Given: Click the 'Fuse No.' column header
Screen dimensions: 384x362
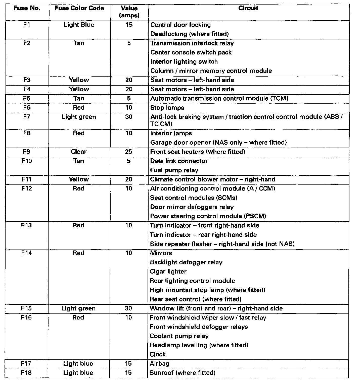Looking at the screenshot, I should (x=27, y=8).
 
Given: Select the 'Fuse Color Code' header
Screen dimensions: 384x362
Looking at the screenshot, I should (x=79, y=8).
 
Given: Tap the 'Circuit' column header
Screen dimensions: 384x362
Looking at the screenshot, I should (x=248, y=8).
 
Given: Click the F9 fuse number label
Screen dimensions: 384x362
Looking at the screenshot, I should (x=27, y=152).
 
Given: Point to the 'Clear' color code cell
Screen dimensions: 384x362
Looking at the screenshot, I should (x=79, y=152).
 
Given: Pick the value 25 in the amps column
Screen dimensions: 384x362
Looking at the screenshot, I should (x=129, y=152).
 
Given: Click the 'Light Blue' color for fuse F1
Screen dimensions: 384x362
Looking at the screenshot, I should (x=79, y=25).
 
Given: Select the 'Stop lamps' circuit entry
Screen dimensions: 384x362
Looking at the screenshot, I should (x=167, y=108).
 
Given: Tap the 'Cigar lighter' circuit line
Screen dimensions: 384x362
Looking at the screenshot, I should (x=168, y=272).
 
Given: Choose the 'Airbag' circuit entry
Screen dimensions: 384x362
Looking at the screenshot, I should (x=160, y=363).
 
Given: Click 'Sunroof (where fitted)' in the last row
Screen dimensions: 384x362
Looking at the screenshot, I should (x=183, y=373).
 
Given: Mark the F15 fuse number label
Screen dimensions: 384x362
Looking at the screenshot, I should (x=26, y=308).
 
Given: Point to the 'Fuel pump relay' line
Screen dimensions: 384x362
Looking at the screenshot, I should (x=174, y=170).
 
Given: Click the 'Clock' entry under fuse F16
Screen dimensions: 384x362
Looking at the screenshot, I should (x=158, y=354).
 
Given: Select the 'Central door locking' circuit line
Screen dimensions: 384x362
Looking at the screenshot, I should (x=180, y=25).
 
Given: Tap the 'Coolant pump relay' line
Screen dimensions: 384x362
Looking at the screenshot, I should (x=179, y=336).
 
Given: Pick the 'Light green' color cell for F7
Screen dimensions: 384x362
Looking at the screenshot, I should (x=79, y=117).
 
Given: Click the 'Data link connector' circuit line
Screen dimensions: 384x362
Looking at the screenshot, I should (x=179, y=161).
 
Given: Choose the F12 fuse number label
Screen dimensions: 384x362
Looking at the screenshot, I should (x=26, y=188).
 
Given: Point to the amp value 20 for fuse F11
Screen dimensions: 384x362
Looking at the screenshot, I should (x=129, y=179).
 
